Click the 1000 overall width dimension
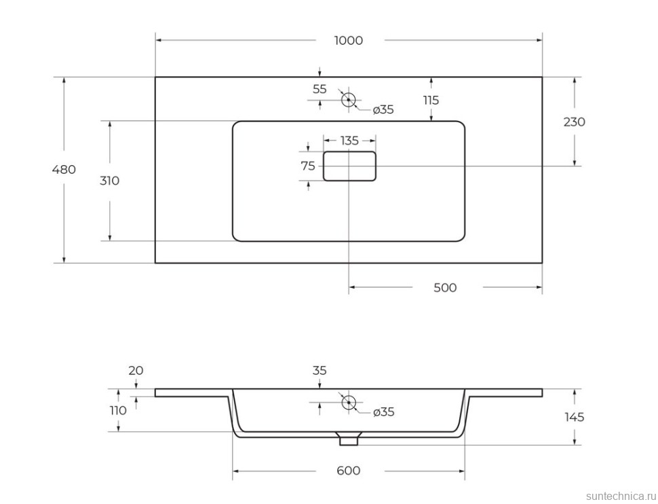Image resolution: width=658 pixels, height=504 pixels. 349,41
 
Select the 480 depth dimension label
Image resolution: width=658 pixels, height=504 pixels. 64,169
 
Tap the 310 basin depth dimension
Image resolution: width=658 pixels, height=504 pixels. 109,181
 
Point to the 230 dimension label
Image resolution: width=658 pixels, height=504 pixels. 574,122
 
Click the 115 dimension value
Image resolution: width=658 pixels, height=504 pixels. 431,101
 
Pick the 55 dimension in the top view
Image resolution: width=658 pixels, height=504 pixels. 320,89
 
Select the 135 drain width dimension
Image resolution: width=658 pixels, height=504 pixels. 349,141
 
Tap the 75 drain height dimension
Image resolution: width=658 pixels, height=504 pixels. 308,166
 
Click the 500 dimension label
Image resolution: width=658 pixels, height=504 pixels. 445,287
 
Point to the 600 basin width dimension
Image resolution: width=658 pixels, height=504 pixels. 349,471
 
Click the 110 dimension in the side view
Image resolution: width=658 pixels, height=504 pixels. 118,411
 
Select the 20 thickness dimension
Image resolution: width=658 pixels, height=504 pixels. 136,371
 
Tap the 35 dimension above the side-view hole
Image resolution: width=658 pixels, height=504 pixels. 320,371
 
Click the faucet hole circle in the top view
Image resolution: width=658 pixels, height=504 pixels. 348,100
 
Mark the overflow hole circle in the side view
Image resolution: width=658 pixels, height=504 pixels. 348,402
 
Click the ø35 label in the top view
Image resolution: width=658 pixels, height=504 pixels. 383,110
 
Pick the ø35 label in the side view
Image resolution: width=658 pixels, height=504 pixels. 383,412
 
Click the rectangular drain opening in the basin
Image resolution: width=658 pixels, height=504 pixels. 349,166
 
